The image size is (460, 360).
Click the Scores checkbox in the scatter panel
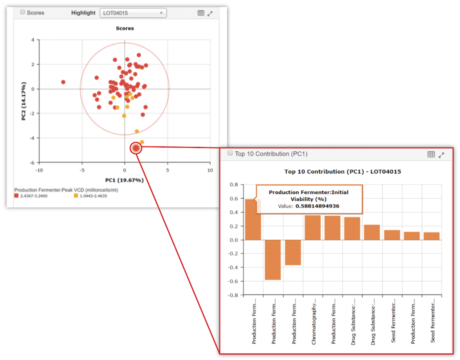[x=22, y=12]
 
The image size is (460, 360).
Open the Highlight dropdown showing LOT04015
[x=133, y=13]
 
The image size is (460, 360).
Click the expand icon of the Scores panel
[x=210, y=13]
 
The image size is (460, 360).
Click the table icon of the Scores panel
[x=201, y=13]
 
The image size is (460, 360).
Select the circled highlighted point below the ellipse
[x=136, y=148]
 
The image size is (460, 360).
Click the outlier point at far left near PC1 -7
[x=63, y=82]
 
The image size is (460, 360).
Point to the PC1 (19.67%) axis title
[x=124, y=180]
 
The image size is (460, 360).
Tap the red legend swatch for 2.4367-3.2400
[x=16, y=196]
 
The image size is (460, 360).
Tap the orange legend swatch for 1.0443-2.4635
[x=76, y=196]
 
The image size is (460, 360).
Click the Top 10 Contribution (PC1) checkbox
[x=230, y=153]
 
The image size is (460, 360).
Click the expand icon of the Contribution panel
[x=441, y=155]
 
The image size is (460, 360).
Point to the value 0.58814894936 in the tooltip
[x=317, y=206]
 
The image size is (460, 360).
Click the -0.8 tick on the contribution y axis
[x=233, y=295]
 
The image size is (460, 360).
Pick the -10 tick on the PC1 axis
[x=39, y=170]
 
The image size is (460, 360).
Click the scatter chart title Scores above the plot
[x=124, y=28]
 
